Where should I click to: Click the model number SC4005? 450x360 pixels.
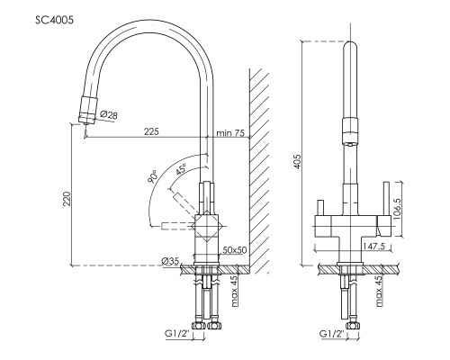tap(54, 20)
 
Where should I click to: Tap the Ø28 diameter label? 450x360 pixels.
tap(109, 114)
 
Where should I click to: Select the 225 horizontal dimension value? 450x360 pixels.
tap(151, 131)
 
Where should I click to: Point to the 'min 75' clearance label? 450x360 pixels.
tap(230, 132)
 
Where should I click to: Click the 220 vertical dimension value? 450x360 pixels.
tap(67, 199)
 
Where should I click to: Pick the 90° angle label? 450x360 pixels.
tap(152, 176)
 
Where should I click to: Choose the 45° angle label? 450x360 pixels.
tap(181, 169)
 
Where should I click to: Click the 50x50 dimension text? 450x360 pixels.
tap(234, 249)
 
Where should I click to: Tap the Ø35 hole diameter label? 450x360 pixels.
tap(170, 261)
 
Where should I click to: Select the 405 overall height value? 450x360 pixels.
tap(297, 161)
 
